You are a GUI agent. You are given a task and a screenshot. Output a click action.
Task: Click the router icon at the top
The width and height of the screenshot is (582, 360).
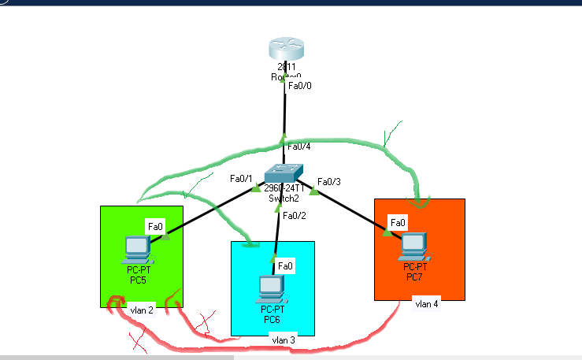coord(283,49)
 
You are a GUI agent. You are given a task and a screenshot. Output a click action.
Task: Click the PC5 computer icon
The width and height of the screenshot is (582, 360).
coord(138,249)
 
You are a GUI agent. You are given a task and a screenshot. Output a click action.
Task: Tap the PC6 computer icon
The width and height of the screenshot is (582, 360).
coord(272,288)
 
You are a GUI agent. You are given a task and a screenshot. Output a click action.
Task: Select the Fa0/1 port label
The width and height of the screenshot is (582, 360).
coord(241,179)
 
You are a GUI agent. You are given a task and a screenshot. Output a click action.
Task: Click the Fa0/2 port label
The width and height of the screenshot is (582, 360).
coord(294,216)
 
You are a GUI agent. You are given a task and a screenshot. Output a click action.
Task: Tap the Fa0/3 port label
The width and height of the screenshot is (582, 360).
coord(329,183)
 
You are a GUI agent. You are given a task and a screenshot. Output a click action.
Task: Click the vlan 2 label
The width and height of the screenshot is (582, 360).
coord(142,310)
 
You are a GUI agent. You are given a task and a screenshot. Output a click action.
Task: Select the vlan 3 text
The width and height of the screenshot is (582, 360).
coord(283,340)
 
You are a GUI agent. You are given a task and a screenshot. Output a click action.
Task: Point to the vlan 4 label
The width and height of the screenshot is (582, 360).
coord(426,303)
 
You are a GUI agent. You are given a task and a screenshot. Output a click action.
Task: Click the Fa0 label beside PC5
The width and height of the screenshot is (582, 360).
coord(155,227)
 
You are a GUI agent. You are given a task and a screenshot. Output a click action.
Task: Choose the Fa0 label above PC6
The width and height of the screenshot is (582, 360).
coord(285,266)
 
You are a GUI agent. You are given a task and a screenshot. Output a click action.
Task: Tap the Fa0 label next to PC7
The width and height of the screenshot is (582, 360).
coord(398,223)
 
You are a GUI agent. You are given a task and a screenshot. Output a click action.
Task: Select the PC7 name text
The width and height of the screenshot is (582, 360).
coord(414,276)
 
